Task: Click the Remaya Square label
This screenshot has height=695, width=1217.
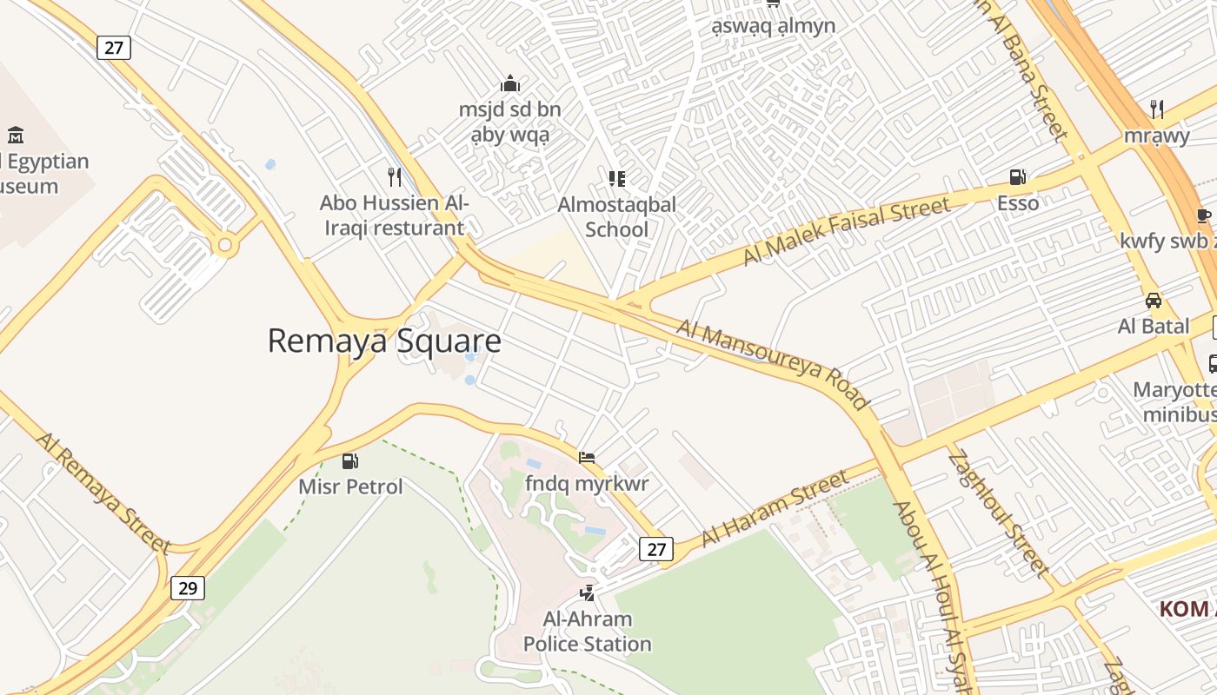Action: [x=383, y=341]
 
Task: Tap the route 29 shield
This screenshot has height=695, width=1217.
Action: [x=187, y=588]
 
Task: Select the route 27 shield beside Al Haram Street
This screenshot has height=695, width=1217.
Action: [x=655, y=549]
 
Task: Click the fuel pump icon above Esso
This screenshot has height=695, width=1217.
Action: [x=1017, y=177]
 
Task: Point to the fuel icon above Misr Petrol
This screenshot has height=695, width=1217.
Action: [x=350, y=461]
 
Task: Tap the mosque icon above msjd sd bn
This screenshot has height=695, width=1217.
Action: [x=510, y=83]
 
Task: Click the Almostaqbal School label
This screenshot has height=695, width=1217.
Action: [x=616, y=217]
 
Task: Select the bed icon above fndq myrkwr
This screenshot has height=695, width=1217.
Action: [x=587, y=457]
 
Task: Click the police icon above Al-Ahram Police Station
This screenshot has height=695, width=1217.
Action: [x=588, y=593]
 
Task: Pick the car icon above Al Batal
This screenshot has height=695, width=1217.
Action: [x=1154, y=301]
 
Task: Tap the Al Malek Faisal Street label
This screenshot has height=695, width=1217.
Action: [x=847, y=231]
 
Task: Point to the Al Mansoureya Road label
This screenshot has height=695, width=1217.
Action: [x=772, y=364]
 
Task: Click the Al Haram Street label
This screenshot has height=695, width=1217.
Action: [x=774, y=508]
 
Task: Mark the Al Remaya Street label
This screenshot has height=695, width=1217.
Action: [x=103, y=492]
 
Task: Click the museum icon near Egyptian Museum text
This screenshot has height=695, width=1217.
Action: [x=16, y=135]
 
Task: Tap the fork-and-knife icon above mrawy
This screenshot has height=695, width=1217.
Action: [x=1157, y=109]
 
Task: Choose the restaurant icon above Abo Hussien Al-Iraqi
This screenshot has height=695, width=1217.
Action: [x=395, y=177]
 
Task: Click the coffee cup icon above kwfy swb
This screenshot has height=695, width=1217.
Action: [x=1204, y=215]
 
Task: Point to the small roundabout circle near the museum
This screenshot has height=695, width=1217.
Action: [x=225, y=246]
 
